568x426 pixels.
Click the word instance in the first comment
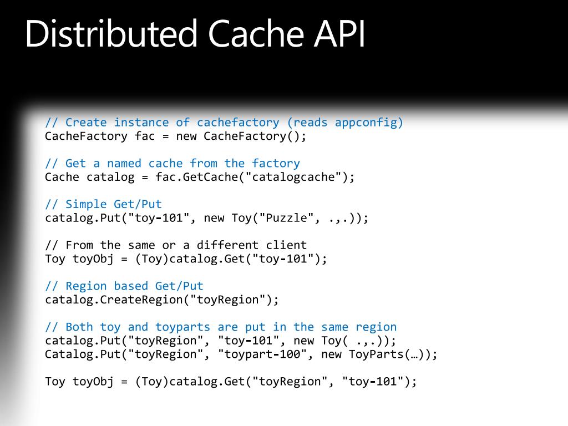point(141,123)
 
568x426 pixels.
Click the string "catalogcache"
point(293,177)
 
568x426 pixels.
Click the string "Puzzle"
point(286,218)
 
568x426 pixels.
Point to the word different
point(227,245)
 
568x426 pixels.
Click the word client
point(286,245)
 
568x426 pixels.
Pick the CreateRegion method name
point(141,300)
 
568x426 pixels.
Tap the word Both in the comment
point(79,327)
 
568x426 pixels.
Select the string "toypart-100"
point(262,354)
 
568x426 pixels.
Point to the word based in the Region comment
point(131,286)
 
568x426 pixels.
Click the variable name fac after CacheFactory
point(145,136)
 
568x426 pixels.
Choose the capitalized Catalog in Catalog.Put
point(69,354)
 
